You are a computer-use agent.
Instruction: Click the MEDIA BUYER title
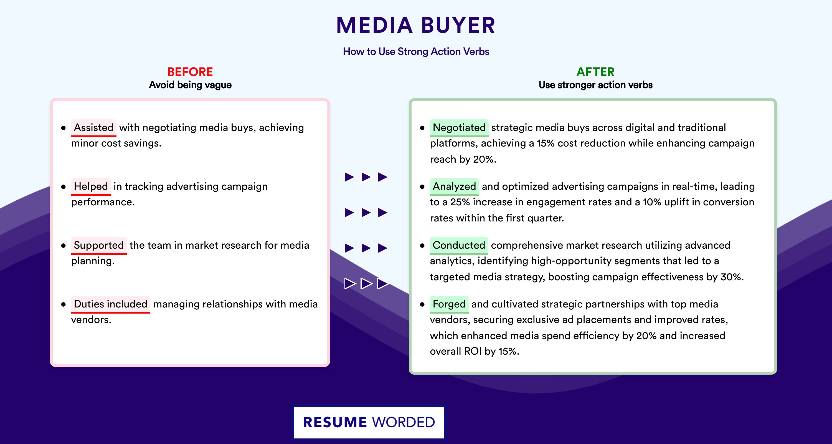click(416, 25)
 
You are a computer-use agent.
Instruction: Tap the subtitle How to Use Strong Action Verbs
click(416, 51)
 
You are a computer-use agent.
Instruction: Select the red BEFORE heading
click(190, 72)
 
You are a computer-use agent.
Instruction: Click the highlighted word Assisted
click(94, 128)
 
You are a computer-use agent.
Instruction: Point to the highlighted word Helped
click(91, 186)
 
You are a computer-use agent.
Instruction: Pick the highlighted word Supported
click(99, 245)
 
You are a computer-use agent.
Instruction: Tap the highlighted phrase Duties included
click(110, 304)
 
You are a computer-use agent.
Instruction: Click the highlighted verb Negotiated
click(459, 128)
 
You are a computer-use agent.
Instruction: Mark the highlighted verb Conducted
click(459, 245)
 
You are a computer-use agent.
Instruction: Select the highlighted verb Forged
click(449, 304)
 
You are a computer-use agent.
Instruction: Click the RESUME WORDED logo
click(369, 422)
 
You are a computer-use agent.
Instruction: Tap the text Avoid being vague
click(190, 85)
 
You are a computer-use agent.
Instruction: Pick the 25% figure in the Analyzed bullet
click(460, 202)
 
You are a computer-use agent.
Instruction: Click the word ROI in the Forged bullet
click(473, 351)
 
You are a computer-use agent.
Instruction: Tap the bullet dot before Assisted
click(63, 128)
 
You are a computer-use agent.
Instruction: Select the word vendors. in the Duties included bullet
click(91, 320)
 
